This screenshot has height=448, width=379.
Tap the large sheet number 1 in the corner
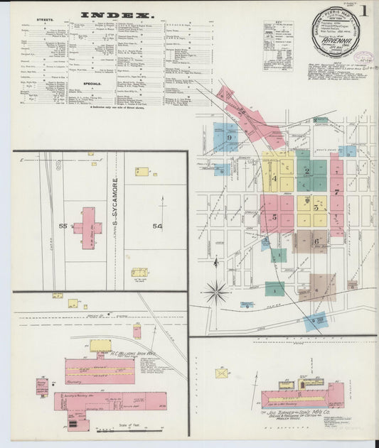point(363,11)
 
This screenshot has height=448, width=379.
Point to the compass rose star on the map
point(215,290)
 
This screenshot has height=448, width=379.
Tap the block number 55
point(63,226)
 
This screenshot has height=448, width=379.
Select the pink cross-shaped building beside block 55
point(87,227)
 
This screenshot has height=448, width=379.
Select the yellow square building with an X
point(222,373)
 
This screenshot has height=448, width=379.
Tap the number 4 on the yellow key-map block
point(274,178)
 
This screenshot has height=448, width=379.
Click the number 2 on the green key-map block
point(307,171)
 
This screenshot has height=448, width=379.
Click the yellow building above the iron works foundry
point(100,346)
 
